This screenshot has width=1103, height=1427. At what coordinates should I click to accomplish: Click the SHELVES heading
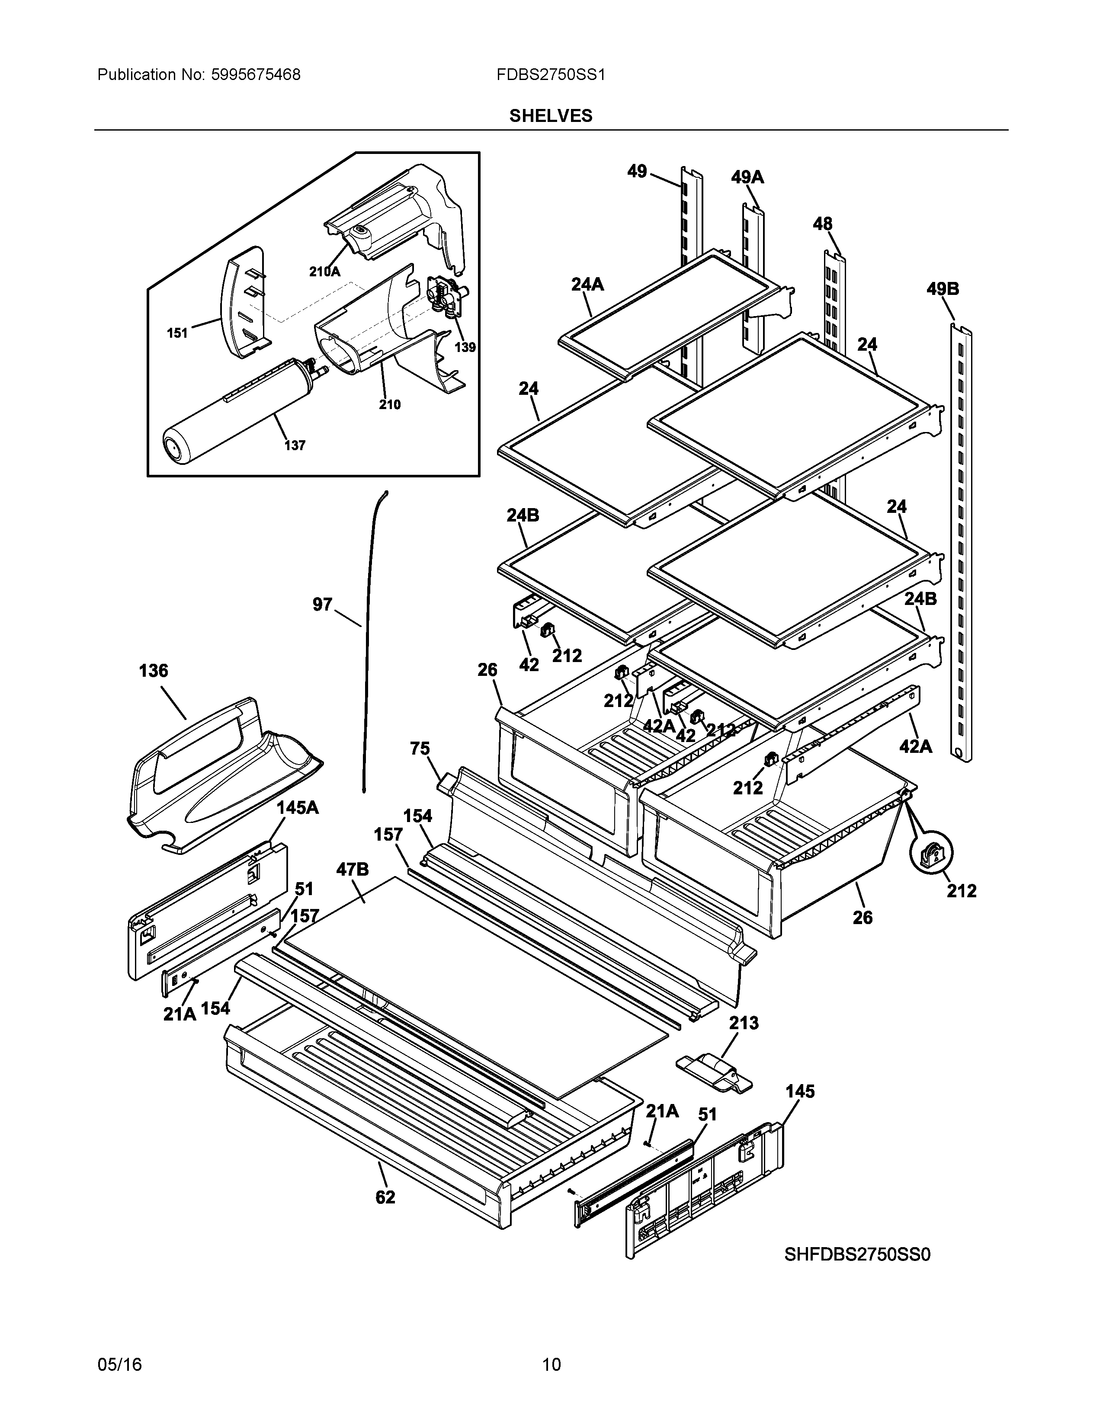click(551, 115)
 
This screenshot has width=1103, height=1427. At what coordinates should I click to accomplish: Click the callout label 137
click(295, 445)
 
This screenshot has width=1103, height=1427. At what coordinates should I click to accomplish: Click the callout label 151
click(177, 333)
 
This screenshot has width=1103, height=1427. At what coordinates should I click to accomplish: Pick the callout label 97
click(322, 605)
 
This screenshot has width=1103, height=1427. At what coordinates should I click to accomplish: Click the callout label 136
click(154, 671)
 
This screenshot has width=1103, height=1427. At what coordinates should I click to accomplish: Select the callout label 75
click(420, 748)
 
